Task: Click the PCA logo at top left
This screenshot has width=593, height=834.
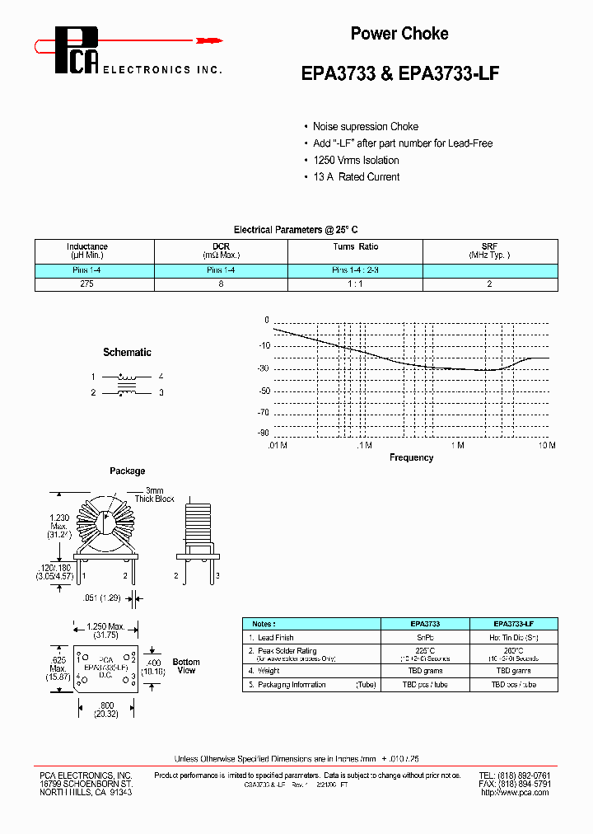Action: point(77,49)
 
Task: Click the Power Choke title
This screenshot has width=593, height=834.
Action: point(399,34)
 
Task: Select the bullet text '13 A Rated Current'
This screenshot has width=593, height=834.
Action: point(356,177)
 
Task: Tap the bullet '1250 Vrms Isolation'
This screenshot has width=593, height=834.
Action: point(356,161)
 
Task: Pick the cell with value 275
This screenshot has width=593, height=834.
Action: point(87,283)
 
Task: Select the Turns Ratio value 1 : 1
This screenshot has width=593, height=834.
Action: point(355,283)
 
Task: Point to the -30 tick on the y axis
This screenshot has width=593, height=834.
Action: point(263,369)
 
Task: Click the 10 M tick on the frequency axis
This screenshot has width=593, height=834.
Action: point(547,445)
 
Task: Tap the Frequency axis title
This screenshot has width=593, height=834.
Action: point(411,457)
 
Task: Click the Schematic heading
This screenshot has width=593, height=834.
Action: point(127,353)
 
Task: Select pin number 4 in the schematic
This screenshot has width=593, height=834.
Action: point(161,377)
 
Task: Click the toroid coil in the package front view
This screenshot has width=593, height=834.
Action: point(107,523)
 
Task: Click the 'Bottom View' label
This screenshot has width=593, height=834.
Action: point(186,666)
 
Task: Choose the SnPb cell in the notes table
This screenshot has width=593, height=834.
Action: point(425,638)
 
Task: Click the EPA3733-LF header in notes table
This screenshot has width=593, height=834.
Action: point(513,624)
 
